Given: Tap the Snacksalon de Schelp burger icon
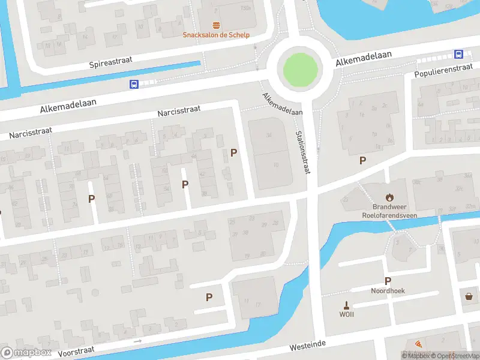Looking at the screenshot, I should [216, 25].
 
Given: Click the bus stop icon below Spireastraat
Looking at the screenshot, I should [134, 84].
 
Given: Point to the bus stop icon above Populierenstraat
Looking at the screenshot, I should [458, 54].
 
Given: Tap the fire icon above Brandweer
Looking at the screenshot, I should [389, 197].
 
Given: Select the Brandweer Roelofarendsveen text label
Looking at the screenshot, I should [389, 211].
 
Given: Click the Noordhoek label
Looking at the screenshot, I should [388, 290].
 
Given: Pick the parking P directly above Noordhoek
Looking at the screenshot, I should [388, 281].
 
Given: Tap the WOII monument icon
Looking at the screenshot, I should [346, 304].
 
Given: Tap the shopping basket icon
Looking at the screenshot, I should [469, 296].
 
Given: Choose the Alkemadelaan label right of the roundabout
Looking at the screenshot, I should [364, 58].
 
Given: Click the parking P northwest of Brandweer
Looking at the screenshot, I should [362, 160].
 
